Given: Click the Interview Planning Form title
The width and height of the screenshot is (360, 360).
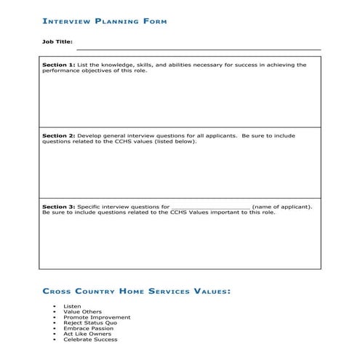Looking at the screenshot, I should (105, 21).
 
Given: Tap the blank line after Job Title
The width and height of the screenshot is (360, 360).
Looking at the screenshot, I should (196, 48).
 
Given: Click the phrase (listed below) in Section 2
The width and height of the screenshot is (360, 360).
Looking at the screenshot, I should (175, 142).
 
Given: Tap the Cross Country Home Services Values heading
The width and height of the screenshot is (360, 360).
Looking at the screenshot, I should (136, 291).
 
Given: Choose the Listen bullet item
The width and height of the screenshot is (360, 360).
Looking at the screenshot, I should (72, 306).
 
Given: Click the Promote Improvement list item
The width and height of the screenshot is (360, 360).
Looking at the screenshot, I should (97, 317).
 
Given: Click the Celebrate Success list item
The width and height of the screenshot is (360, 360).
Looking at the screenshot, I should (90, 340).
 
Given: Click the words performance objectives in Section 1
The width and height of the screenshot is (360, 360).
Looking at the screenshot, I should (75, 71).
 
